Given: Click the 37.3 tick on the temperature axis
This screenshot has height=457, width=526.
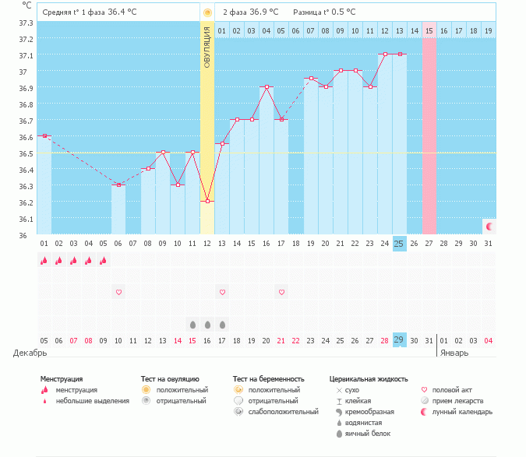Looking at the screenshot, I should pos(26,23).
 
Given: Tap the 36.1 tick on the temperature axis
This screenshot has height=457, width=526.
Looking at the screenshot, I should pos(26,219).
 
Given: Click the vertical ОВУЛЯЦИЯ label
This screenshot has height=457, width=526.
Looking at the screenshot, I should pos(207,47).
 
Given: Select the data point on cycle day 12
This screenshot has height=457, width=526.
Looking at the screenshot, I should pos(207,201).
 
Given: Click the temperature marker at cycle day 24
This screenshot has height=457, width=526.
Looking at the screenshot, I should pos(385,54).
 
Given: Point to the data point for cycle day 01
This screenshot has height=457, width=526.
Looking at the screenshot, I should pos(44,136).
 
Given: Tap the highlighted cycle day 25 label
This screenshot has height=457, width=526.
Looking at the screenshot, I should pos(400,244).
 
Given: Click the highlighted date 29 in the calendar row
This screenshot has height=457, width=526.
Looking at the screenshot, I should pos(400,340).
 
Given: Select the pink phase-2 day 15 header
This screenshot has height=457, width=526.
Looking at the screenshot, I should pos(429,30).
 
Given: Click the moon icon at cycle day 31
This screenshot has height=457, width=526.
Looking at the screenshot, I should pos(489,226).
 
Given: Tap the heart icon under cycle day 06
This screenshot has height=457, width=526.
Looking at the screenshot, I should pos(118,292).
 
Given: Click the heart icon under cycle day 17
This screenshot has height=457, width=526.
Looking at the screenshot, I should pos(281,292).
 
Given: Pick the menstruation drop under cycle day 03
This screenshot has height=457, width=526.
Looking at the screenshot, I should pos(74,261).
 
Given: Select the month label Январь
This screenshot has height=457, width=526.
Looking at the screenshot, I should pos(456,353).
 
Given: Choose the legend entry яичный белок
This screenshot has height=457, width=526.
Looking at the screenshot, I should pos(368,434).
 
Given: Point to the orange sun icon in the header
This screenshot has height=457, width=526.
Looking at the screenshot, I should pos(207,12).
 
